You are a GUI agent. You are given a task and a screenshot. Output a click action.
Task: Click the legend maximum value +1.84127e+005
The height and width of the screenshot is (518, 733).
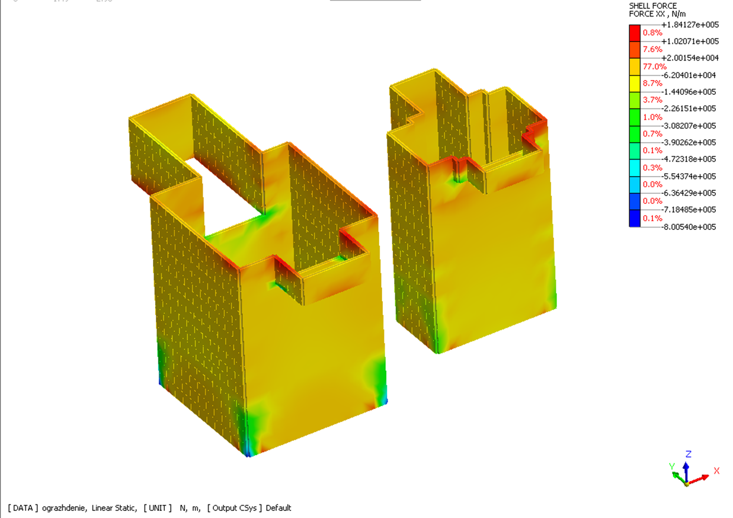690,25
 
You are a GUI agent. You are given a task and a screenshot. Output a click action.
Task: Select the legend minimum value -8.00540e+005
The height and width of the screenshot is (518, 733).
689,227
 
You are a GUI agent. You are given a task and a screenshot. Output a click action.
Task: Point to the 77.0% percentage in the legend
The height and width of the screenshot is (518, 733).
654,67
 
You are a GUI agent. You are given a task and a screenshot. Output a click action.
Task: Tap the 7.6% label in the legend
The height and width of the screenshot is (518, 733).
652,49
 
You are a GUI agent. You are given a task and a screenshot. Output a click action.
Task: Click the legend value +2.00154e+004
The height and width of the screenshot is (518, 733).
690,58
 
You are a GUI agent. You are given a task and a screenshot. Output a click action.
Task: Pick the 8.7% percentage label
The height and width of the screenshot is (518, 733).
652,83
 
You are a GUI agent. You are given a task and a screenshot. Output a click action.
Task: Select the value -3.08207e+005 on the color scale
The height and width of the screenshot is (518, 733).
689,126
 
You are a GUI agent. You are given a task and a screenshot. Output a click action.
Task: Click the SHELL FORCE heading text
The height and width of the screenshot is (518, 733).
652,6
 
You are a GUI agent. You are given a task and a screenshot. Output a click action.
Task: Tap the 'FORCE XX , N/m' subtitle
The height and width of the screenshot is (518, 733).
657,14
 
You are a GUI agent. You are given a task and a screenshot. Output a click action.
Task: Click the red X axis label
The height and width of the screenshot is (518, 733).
716,471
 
